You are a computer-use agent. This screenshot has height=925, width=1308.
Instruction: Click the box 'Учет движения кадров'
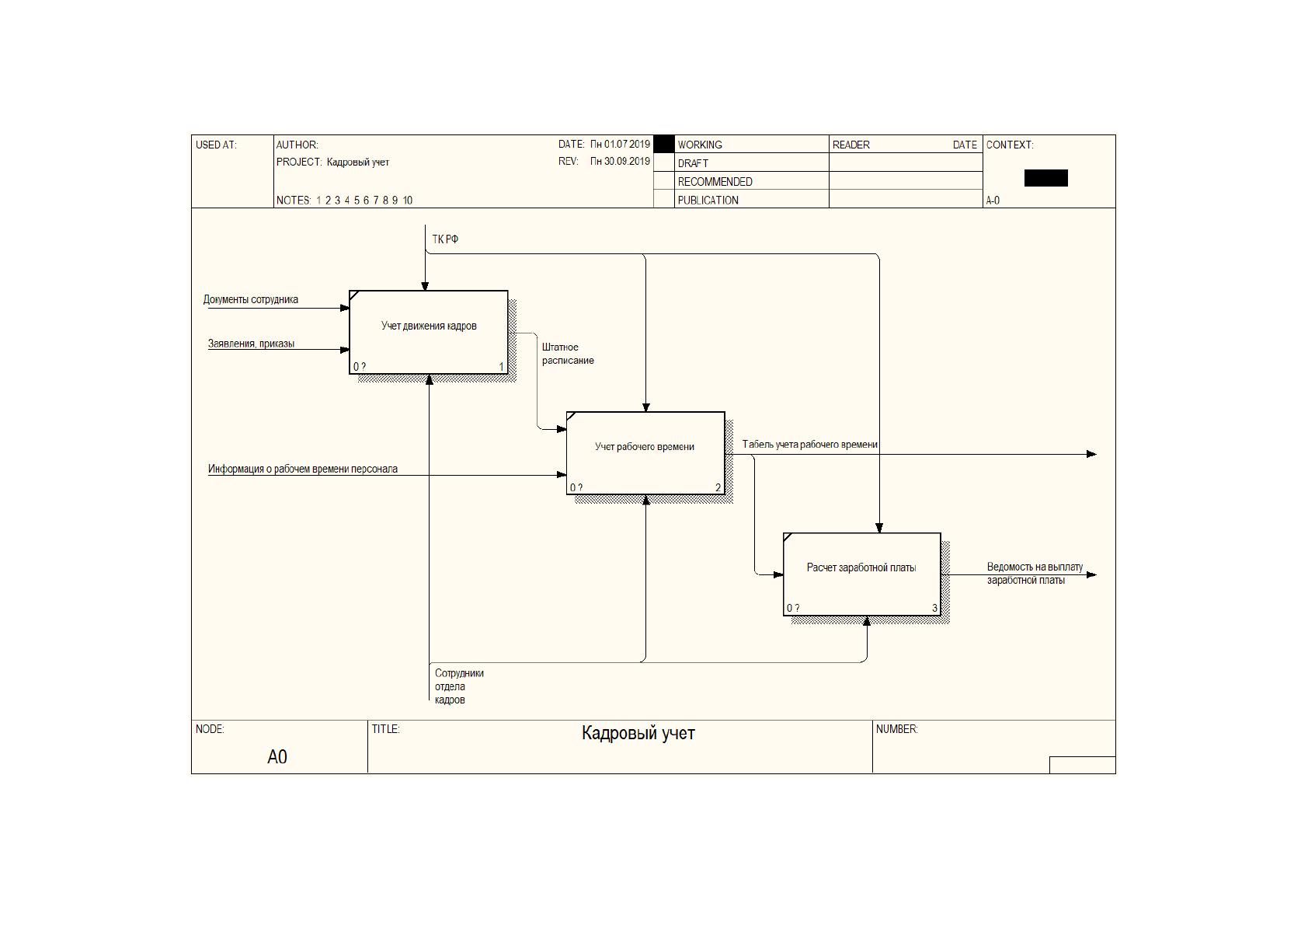[429, 332]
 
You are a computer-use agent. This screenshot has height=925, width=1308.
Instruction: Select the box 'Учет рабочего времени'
[645, 453]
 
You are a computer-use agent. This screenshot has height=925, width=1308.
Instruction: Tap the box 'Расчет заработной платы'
[862, 574]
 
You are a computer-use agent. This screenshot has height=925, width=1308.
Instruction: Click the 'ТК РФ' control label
[445, 239]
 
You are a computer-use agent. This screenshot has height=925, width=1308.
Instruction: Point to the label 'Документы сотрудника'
[251, 299]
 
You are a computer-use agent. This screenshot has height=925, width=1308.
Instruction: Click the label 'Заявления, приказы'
[251, 344]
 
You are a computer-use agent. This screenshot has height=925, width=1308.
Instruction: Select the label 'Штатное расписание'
[568, 354]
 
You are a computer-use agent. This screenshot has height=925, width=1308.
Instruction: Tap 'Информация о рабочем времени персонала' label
[302, 469]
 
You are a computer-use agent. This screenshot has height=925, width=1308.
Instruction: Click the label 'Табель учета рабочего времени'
[810, 444]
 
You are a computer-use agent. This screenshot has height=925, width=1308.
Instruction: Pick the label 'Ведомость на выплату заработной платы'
[1035, 573]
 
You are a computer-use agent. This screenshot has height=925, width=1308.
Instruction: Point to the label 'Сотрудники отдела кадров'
[459, 686]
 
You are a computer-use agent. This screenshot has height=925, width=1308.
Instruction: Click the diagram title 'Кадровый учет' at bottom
[638, 733]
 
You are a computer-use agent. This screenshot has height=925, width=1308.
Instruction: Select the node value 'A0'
[277, 756]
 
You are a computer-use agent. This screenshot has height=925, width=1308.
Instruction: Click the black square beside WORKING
[664, 144]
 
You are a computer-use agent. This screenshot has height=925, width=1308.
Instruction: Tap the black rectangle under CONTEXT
[1045, 178]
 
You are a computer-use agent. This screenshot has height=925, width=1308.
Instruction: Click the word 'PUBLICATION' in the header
[708, 200]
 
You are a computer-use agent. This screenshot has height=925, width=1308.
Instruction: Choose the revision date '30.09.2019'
[627, 161]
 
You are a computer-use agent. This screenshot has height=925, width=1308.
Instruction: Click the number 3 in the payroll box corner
[935, 608]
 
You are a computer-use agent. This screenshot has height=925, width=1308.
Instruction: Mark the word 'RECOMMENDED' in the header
[715, 182]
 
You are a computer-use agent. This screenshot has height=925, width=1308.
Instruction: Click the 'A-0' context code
[993, 201]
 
